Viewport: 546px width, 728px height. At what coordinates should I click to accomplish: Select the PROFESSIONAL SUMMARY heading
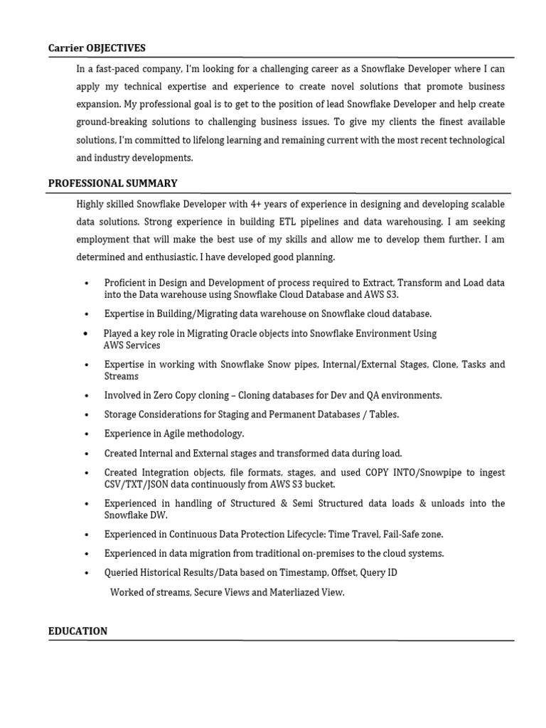coord(112,183)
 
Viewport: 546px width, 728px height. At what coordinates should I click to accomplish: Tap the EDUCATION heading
coord(77,631)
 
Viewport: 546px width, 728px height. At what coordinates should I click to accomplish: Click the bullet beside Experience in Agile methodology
coord(86,434)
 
